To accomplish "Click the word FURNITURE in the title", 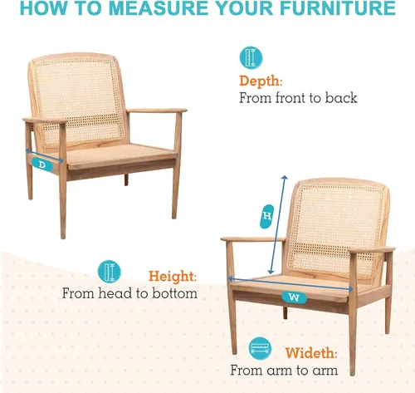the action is tap(337, 8).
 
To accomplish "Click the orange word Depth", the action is tap(260, 81).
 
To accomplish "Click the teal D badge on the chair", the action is tap(42, 165).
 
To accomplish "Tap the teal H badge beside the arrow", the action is tap(267, 216).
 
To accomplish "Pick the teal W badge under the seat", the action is tap(294, 297).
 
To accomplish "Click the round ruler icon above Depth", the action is tap(251, 57).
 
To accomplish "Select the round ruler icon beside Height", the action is tap(110, 272).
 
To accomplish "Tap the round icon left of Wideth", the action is tap(260, 348).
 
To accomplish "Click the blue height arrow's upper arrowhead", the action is tap(285, 177).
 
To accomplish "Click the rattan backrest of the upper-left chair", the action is tap(78, 100).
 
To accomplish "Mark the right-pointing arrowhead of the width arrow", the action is tap(350, 289).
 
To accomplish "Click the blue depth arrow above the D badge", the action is tap(44, 155).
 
